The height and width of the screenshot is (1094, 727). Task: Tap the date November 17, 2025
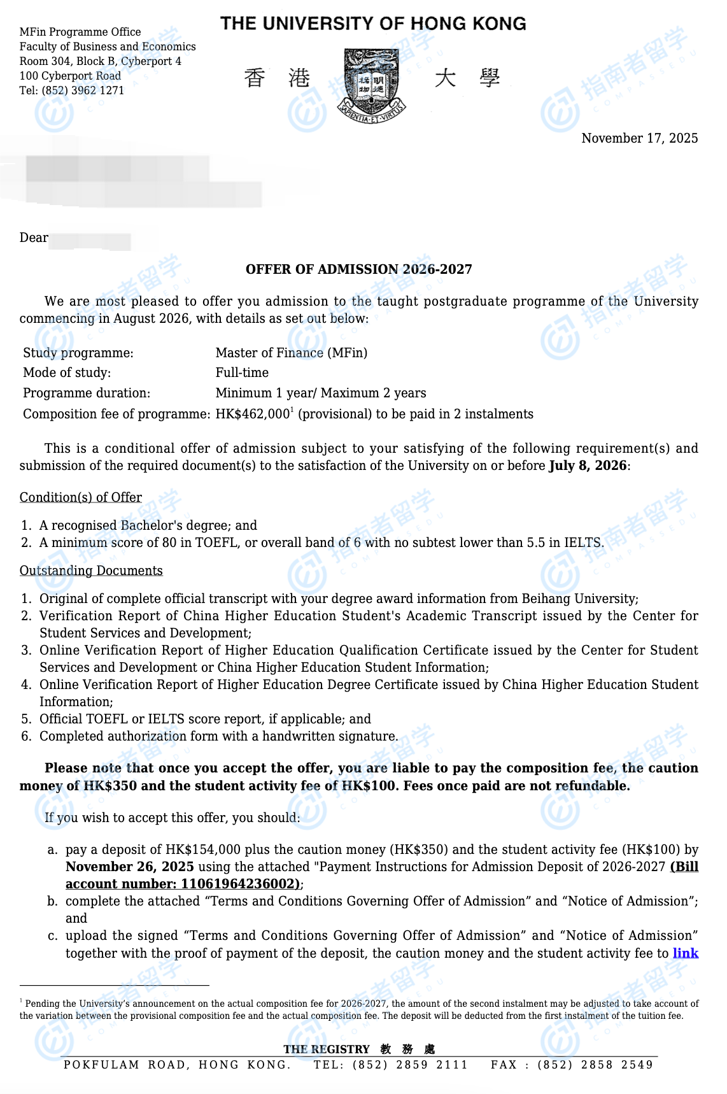click(639, 138)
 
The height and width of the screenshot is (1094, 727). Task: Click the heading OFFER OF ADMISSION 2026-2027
click(359, 269)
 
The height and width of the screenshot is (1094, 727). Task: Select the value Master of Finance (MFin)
click(291, 353)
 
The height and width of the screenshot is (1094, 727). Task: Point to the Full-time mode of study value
click(242, 373)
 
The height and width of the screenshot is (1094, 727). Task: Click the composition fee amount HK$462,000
click(253, 414)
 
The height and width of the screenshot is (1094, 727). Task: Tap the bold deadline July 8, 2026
click(588, 465)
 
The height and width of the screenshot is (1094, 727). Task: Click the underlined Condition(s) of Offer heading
click(81, 497)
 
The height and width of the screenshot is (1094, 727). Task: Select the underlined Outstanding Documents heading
click(91, 571)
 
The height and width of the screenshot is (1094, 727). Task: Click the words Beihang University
click(578, 599)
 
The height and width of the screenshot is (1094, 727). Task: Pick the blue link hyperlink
click(685, 953)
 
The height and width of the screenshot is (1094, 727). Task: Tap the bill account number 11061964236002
click(239, 884)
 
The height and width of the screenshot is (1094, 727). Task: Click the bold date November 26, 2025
click(130, 867)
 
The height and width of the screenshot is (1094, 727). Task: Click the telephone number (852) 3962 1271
click(83, 90)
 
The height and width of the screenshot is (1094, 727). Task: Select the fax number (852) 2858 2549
click(595, 1065)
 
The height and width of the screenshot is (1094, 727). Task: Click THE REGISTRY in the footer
click(327, 1049)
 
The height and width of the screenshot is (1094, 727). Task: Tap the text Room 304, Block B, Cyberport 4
click(101, 61)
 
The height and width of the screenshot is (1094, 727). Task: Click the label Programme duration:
click(87, 393)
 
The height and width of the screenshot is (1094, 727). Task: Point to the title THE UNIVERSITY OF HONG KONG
click(373, 24)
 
